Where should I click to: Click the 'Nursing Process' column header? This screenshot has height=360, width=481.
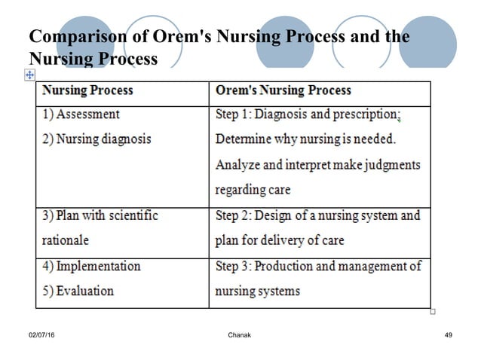tap(88, 90)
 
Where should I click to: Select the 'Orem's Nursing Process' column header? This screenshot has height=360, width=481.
tap(283, 90)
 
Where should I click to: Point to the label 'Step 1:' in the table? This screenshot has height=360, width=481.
tap(234, 115)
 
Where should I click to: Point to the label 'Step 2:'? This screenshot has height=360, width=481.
tap(234, 216)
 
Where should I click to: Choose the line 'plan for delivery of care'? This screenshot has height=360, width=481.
tap(280, 241)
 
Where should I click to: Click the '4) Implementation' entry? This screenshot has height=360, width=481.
tap(91, 267)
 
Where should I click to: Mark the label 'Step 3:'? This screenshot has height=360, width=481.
tap(234, 267)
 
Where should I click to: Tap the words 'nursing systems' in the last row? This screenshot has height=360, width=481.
tap(258, 291)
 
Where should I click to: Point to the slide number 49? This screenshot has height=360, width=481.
tap(448, 334)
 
